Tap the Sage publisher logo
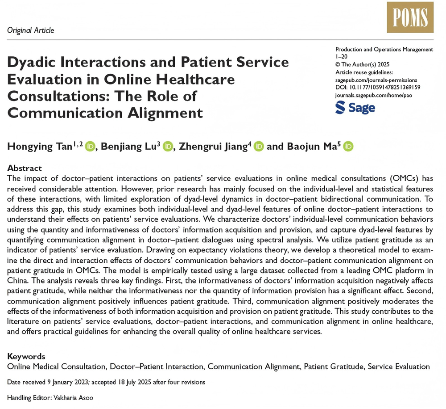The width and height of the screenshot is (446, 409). click(355, 108)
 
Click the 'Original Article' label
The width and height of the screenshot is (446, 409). click(31, 30)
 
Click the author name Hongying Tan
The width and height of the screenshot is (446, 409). click(42, 146)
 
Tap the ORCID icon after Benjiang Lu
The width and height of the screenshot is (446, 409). click(168, 146)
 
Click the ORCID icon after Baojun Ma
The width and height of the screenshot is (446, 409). click(348, 146)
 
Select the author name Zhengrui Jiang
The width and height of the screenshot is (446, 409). click(213, 146)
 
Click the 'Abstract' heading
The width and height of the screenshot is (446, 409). click(25, 169)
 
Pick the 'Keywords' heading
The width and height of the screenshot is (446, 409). click(26, 356)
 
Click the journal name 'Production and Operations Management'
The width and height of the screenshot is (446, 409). click(384, 49)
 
